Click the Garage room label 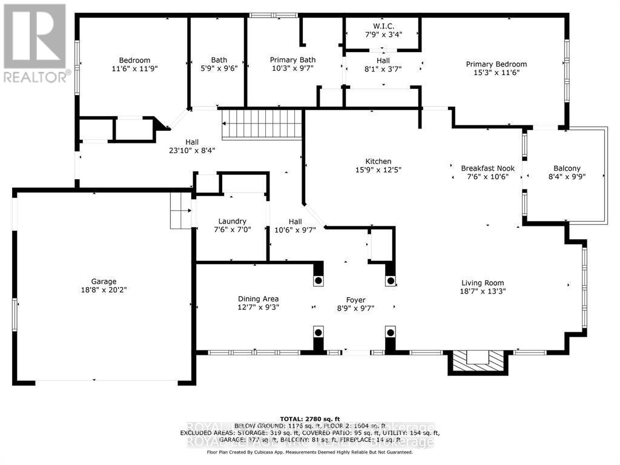click(x=104, y=281)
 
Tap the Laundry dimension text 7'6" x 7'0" click(x=233, y=230)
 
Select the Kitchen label click(x=378, y=161)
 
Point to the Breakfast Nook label click(x=484, y=168)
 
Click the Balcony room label click(x=567, y=168)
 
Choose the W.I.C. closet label click(x=383, y=25)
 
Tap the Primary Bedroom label click(x=496, y=64)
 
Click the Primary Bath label click(x=292, y=60)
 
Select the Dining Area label click(x=258, y=298)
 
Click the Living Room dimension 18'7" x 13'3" click(x=483, y=291)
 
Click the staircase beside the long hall click(x=262, y=124)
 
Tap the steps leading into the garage click(x=180, y=211)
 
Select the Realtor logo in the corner click(x=35, y=42)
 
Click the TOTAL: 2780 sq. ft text click(x=309, y=419)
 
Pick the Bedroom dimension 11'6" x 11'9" click(x=134, y=68)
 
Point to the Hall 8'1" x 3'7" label click(x=383, y=64)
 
